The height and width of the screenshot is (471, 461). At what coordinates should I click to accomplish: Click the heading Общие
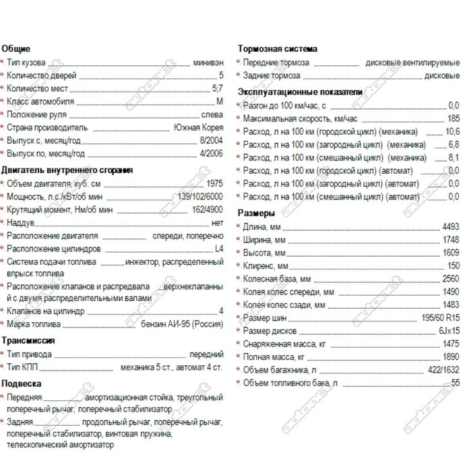click(x=16, y=49)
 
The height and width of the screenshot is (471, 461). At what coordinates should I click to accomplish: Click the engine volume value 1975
click(x=214, y=184)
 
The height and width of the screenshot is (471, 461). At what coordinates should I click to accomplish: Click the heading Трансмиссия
click(x=28, y=340)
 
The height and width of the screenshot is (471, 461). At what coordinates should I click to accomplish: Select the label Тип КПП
click(x=23, y=367)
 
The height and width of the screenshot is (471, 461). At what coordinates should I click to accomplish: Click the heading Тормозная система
click(x=278, y=49)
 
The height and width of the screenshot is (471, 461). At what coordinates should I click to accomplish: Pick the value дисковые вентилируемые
click(x=412, y=63)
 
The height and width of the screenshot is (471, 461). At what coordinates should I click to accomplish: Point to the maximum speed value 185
click(x=453, y=118)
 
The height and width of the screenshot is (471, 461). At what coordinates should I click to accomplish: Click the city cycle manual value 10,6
click(x=452, y=131)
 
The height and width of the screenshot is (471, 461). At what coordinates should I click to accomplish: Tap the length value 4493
click(x=450, y=226)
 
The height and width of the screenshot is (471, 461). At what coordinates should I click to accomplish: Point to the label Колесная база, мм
click(x=276, y=278)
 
